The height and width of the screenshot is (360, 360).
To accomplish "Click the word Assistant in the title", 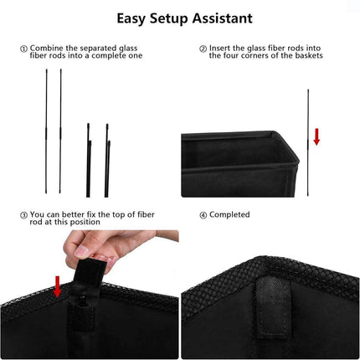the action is pyautogui.click(x=222, y=18).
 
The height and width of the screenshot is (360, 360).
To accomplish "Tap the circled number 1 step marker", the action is pyautogui.click(x=23, y=49).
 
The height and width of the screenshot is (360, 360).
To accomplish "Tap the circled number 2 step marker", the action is pyautogui.click(x=203, y=49).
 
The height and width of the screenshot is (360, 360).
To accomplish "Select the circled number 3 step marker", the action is pyautogui.click(x=23, y=215).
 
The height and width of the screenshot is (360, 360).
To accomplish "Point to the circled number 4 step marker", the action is pyautogui.click(x=203, y=215).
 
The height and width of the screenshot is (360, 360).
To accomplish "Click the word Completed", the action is pyautogui.click(x=229, y=214).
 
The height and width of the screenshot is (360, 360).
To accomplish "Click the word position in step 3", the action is pyautogui.click(x=85, y=222).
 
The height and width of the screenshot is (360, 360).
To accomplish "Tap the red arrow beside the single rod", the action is pyautogui.click(x=316, y=136).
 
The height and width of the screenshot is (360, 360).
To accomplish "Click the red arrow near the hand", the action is pyautogui.click(x=58, y=286).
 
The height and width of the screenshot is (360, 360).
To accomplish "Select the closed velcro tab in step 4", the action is pyautogui.click(x=272, y=307).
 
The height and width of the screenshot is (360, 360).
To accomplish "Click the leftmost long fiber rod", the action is pyautogui.click(x=46, y=131).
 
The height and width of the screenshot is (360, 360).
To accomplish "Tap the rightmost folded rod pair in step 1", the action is pyautogui.click(x=107, y=161).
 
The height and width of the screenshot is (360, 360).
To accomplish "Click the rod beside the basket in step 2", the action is pyautogui.click(x=308, y=142).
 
